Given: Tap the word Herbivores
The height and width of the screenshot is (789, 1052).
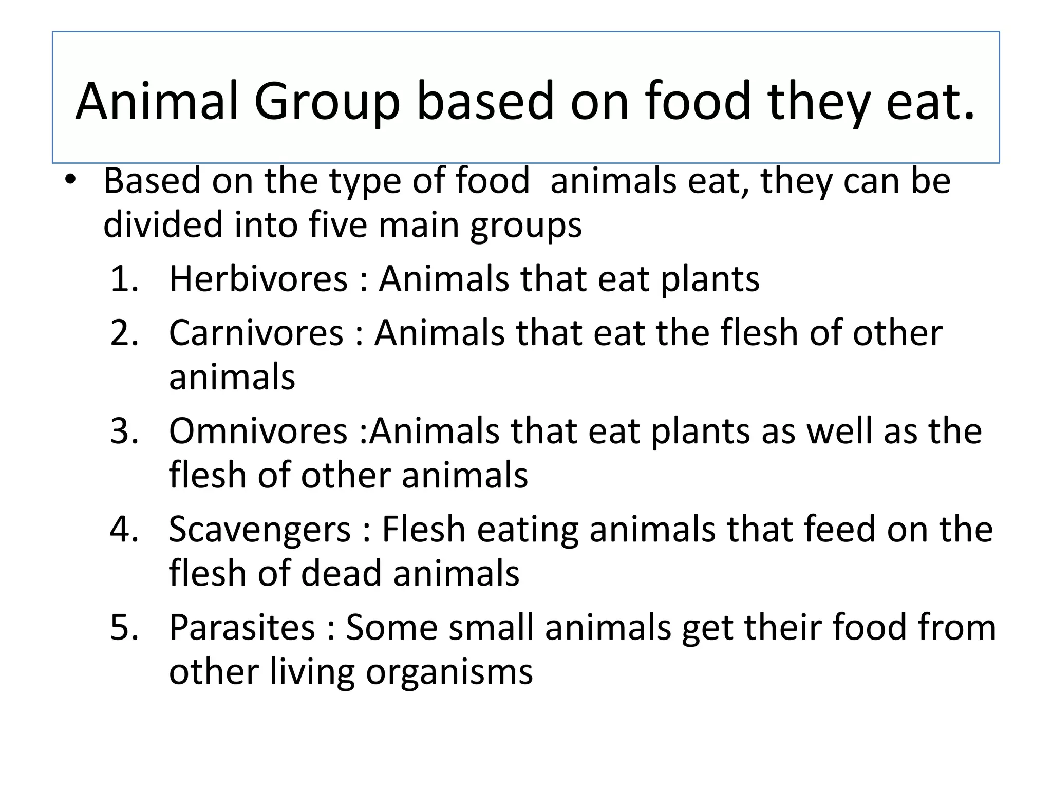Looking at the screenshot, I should pyautogui.click(x=258, y=279).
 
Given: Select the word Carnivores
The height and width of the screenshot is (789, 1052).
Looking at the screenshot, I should pyautogui.click(x=256, y=333).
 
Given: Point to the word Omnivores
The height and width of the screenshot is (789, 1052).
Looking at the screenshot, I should pyautogui.click(x=258, y=431).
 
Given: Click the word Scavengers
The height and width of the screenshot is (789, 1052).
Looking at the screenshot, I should pyautogui.click(x=259, y=529).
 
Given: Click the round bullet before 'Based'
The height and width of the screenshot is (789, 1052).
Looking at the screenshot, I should pyautogui.click(x=70, y=180).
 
